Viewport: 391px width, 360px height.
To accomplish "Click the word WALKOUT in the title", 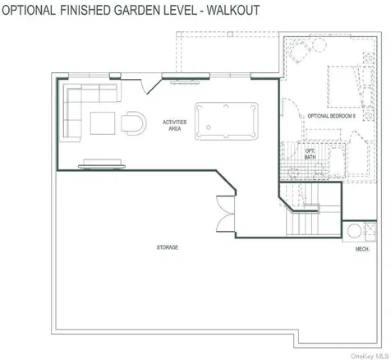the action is pyautogui.click(x=233, y=10).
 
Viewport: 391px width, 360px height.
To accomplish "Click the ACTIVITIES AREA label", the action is pyautogui.click(x=175, y=125).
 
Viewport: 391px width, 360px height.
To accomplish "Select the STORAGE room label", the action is pyautogui.click(x=168, y=247).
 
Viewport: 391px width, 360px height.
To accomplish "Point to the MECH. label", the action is pyautogui.click(x=362, y=249).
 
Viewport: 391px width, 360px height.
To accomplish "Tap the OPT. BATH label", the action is pyautogui.click(x=310, y=154).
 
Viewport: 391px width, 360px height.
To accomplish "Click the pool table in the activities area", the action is pyautogui.click(x=227, y=121).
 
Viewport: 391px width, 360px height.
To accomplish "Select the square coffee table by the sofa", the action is pyautogui.click(x=103, y=123).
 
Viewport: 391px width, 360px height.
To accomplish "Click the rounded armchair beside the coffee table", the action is pyautogui.click(x=134, y=123).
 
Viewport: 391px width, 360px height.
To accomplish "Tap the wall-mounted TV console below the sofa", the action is pyautogui.click(x=102, y=164).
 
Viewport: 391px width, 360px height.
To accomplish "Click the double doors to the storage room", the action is pyautogui.click(x=226, y=214).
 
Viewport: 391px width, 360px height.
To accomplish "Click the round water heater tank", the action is pyautogui.click(x=354, y=231).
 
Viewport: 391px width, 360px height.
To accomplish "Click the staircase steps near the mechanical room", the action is pyautogui.click(x=303, y=224).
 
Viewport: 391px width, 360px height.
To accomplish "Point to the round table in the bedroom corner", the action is pyautogui.click(x=320, y=44).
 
